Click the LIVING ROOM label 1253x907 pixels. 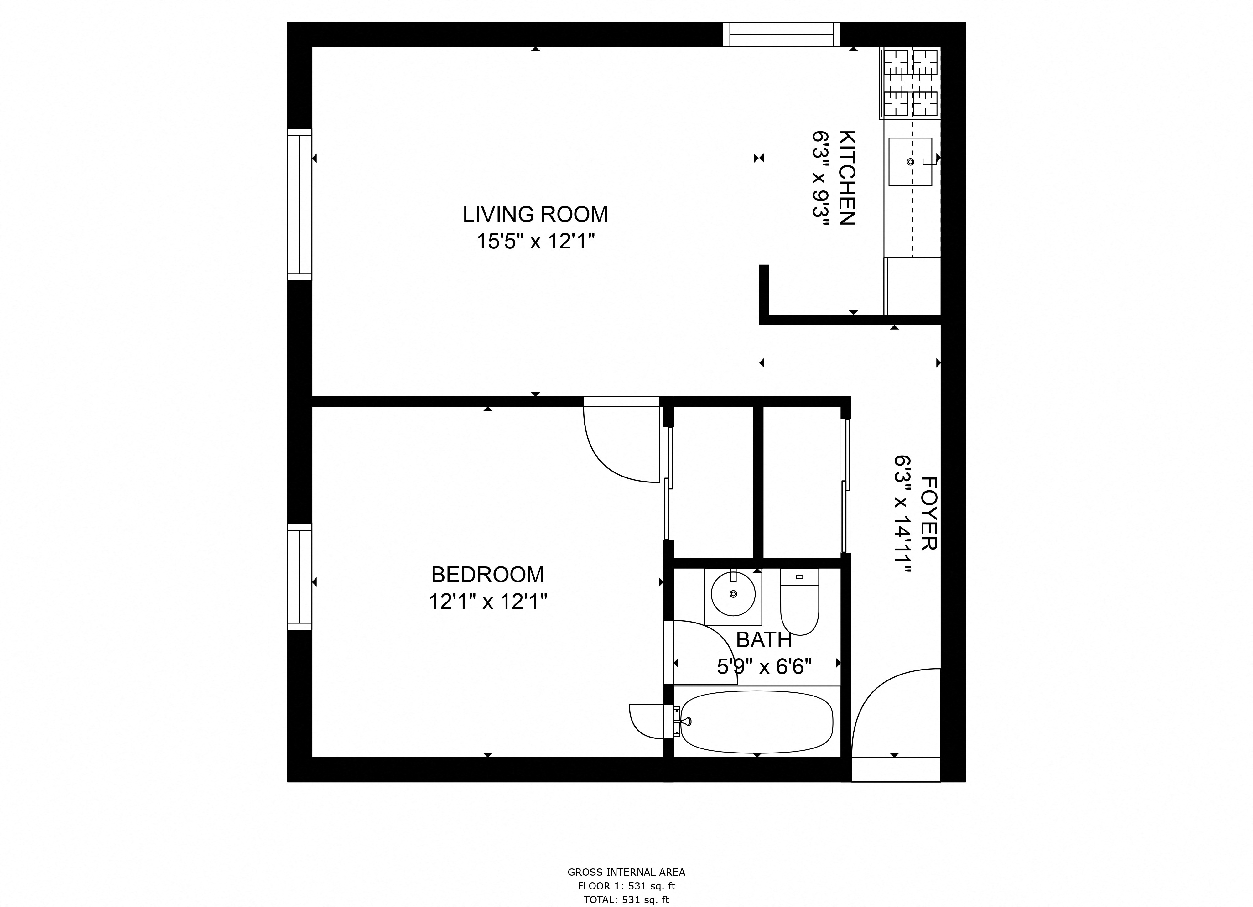click(x=535, y=214)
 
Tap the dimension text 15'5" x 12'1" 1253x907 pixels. click(x=535, y=242)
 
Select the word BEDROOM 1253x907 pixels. click(x=487, y=575)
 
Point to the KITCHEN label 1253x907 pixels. click(x=846, y=178)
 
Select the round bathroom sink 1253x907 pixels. click(x=733, y=594)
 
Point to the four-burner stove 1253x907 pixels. click(x=910, y=83)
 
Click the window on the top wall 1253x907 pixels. click(x=781, y=34)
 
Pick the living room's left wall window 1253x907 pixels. click(x=299, y=205)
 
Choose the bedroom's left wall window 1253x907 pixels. click(x=299, y=576)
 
